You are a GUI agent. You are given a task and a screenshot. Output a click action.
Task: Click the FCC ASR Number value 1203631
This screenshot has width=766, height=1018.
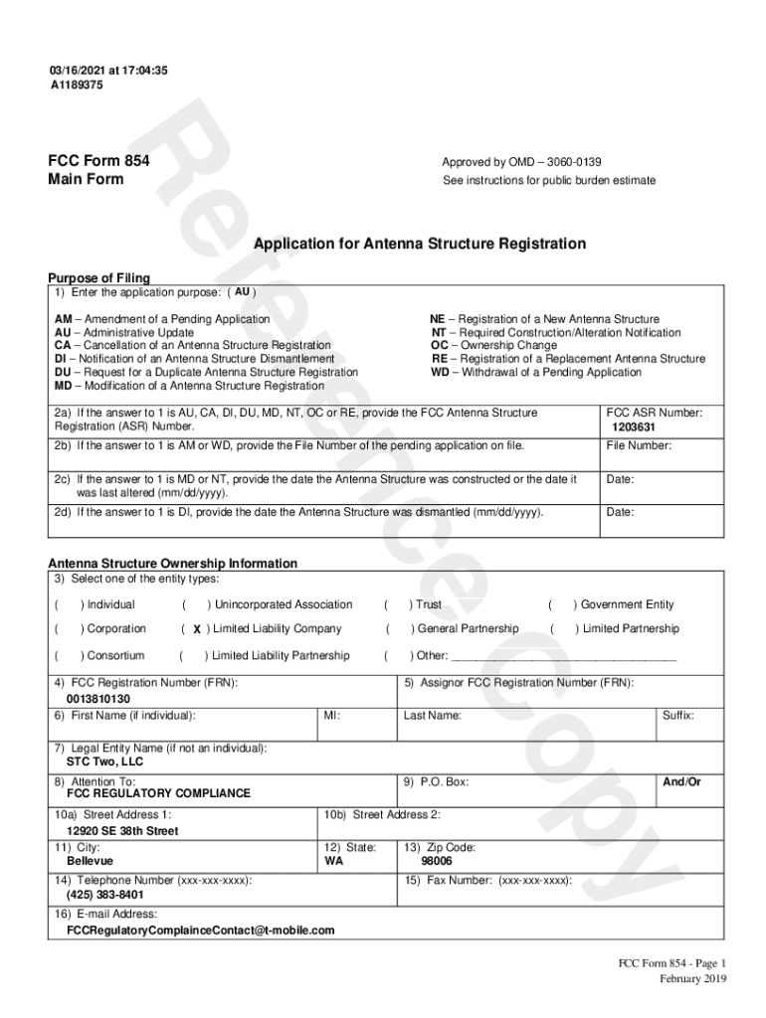pos(633,427)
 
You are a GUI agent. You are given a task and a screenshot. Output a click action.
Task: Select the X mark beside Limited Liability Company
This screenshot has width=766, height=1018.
pos(197,629)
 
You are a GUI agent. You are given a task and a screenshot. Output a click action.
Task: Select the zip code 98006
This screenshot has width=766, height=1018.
pos(436,861)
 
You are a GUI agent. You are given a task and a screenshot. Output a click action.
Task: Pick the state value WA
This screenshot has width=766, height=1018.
pos(335,861)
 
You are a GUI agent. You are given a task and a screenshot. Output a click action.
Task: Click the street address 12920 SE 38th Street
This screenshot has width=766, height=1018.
pos(122,830)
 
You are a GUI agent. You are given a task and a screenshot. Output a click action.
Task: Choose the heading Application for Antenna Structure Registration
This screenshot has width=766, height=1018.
pos(420,244)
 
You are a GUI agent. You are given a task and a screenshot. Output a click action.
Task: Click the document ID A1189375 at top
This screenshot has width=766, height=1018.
pos(77,85)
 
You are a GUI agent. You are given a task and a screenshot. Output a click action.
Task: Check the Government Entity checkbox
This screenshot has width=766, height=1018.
pos(562,604)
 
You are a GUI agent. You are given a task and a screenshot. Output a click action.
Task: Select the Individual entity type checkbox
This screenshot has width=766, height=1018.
pos(69,604)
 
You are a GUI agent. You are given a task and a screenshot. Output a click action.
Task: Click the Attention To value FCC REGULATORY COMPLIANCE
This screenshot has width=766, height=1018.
pos(158,793)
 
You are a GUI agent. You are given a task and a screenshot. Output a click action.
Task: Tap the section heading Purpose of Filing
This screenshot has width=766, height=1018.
pos(99,277)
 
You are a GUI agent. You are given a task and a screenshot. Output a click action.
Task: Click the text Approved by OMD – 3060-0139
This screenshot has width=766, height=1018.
pos(521,162)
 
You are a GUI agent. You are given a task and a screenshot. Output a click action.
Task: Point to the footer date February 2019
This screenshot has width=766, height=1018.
pos(693,978)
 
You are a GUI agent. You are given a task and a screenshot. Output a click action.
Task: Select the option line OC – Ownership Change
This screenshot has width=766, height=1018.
pos(493,346)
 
